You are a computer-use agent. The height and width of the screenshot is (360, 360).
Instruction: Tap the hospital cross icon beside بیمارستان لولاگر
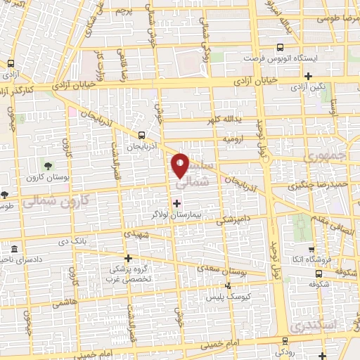pos(176,202)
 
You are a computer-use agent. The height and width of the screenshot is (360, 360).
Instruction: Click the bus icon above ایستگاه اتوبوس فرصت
pos(281,48)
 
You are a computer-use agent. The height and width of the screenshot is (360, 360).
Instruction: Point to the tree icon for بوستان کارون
pos(48,166)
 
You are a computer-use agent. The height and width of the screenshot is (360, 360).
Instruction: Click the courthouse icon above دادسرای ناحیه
pos(15,250)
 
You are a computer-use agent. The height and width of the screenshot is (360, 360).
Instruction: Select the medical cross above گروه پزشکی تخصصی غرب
pos(128,258)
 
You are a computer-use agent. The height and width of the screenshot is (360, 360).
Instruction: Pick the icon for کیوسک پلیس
pos(226,285)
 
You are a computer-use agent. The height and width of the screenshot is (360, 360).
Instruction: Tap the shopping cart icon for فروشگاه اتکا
pos(311,250)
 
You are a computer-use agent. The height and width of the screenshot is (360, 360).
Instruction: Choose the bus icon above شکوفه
pos(319,274)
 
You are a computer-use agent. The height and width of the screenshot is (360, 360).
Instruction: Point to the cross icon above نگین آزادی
pos(308,76)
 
